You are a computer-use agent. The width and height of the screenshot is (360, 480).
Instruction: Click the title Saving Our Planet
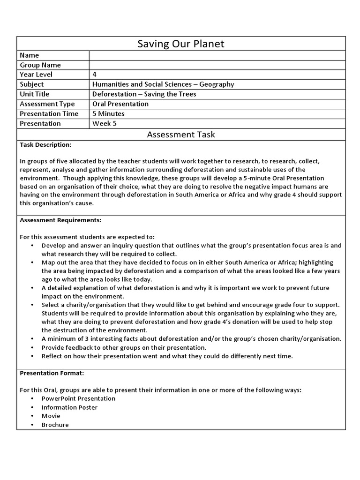(x=180, y=44)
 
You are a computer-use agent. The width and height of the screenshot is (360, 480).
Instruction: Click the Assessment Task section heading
(x=180, y=135)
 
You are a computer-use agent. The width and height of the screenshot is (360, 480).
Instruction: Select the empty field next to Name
(x=217, y=55)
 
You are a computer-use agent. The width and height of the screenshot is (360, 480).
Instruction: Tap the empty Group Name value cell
(x=217, y=65)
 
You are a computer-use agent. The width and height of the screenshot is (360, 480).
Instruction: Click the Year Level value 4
(x=95, y=75)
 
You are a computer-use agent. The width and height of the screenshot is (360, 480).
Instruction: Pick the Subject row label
(x=32, y=84)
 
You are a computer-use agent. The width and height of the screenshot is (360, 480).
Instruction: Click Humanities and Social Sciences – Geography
(x=163, y=84)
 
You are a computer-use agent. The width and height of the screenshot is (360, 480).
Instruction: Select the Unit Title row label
(x=34, y=94)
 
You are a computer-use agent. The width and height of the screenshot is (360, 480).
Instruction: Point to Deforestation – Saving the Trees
(x=144, y=94)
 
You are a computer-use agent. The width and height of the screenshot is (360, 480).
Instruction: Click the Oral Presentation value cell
(x=120, y=104)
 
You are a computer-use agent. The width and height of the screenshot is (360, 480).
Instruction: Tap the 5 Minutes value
(x=108, y=113)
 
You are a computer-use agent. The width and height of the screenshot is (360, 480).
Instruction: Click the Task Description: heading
(x=45, y=145)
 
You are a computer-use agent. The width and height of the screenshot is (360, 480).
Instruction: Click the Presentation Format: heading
(x=52, y=373)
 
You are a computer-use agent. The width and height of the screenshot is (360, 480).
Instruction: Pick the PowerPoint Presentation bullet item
(x=78, y=398)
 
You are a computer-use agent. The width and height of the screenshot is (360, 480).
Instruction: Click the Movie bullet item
(x=51, y=416)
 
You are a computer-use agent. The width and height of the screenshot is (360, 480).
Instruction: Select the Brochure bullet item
(x=55, y=425)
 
